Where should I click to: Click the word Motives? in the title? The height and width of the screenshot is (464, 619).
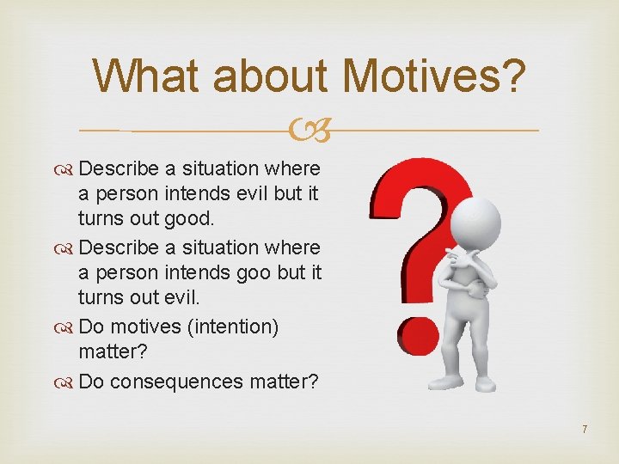click(435, 76)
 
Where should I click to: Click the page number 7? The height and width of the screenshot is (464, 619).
click(584, 429)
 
